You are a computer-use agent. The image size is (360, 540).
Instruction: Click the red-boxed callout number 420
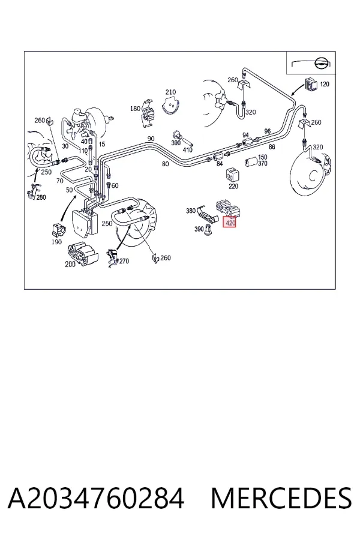[x=230, y=223]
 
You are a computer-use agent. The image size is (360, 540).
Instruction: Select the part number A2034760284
[x=96, y=498]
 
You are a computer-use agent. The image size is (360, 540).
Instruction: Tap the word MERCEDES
[x=281, y=498]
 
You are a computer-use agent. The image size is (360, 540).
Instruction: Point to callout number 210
[x=170, y=92]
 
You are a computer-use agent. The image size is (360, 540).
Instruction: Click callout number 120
[x=325, y=84]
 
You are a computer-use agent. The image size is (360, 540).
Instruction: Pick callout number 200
[x=70, y=264]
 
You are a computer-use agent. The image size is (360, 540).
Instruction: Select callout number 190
[x=56, y=242]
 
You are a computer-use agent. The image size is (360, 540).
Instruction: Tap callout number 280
[x=41, y=197]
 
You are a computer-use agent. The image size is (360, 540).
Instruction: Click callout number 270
[x=124, y=261]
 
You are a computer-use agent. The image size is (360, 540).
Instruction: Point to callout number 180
[x=135, y=109]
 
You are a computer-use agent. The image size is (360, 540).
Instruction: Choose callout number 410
[x=187, y=150]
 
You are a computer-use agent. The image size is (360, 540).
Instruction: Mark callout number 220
[x=233, y=187]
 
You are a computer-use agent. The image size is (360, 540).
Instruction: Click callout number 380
[x=191, y=211]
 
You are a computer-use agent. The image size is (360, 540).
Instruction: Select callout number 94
[x=245, y=135]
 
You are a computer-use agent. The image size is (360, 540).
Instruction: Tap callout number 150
[x=263, y=157]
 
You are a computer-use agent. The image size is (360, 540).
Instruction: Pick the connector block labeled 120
[x=310, y=85]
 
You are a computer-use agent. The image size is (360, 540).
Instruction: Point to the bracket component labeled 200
[x=83, y=253]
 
